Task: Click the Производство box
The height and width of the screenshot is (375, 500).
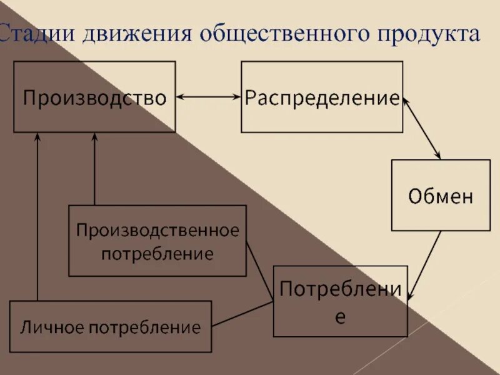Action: (94, 97)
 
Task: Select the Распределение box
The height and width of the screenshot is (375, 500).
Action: (322, 97)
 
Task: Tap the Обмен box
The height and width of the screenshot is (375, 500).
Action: (441, 196)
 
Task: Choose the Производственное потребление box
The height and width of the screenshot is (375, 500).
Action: (157, 241)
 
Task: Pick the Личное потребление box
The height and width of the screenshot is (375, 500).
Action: (111, 326)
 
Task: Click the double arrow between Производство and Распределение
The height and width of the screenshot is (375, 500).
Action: (209, 97)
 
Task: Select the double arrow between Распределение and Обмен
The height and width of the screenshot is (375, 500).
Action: (422, 127)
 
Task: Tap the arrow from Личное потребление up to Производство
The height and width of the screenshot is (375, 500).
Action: (37, 219)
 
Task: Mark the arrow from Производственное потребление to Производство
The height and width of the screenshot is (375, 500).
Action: (95, 169)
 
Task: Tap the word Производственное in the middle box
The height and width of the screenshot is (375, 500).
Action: (157, 231)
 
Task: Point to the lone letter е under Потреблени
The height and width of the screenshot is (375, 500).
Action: (340, 316)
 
